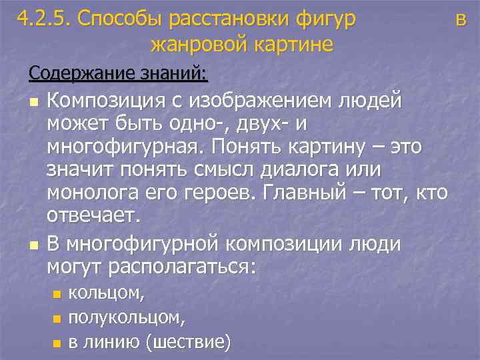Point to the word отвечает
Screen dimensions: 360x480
coord(93,215)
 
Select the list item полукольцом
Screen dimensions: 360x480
coord(127,317)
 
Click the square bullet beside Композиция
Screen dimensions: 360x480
coord(33,102)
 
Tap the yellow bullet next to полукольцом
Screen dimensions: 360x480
coord(57,319)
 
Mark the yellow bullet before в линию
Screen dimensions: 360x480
coord(57,343)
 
